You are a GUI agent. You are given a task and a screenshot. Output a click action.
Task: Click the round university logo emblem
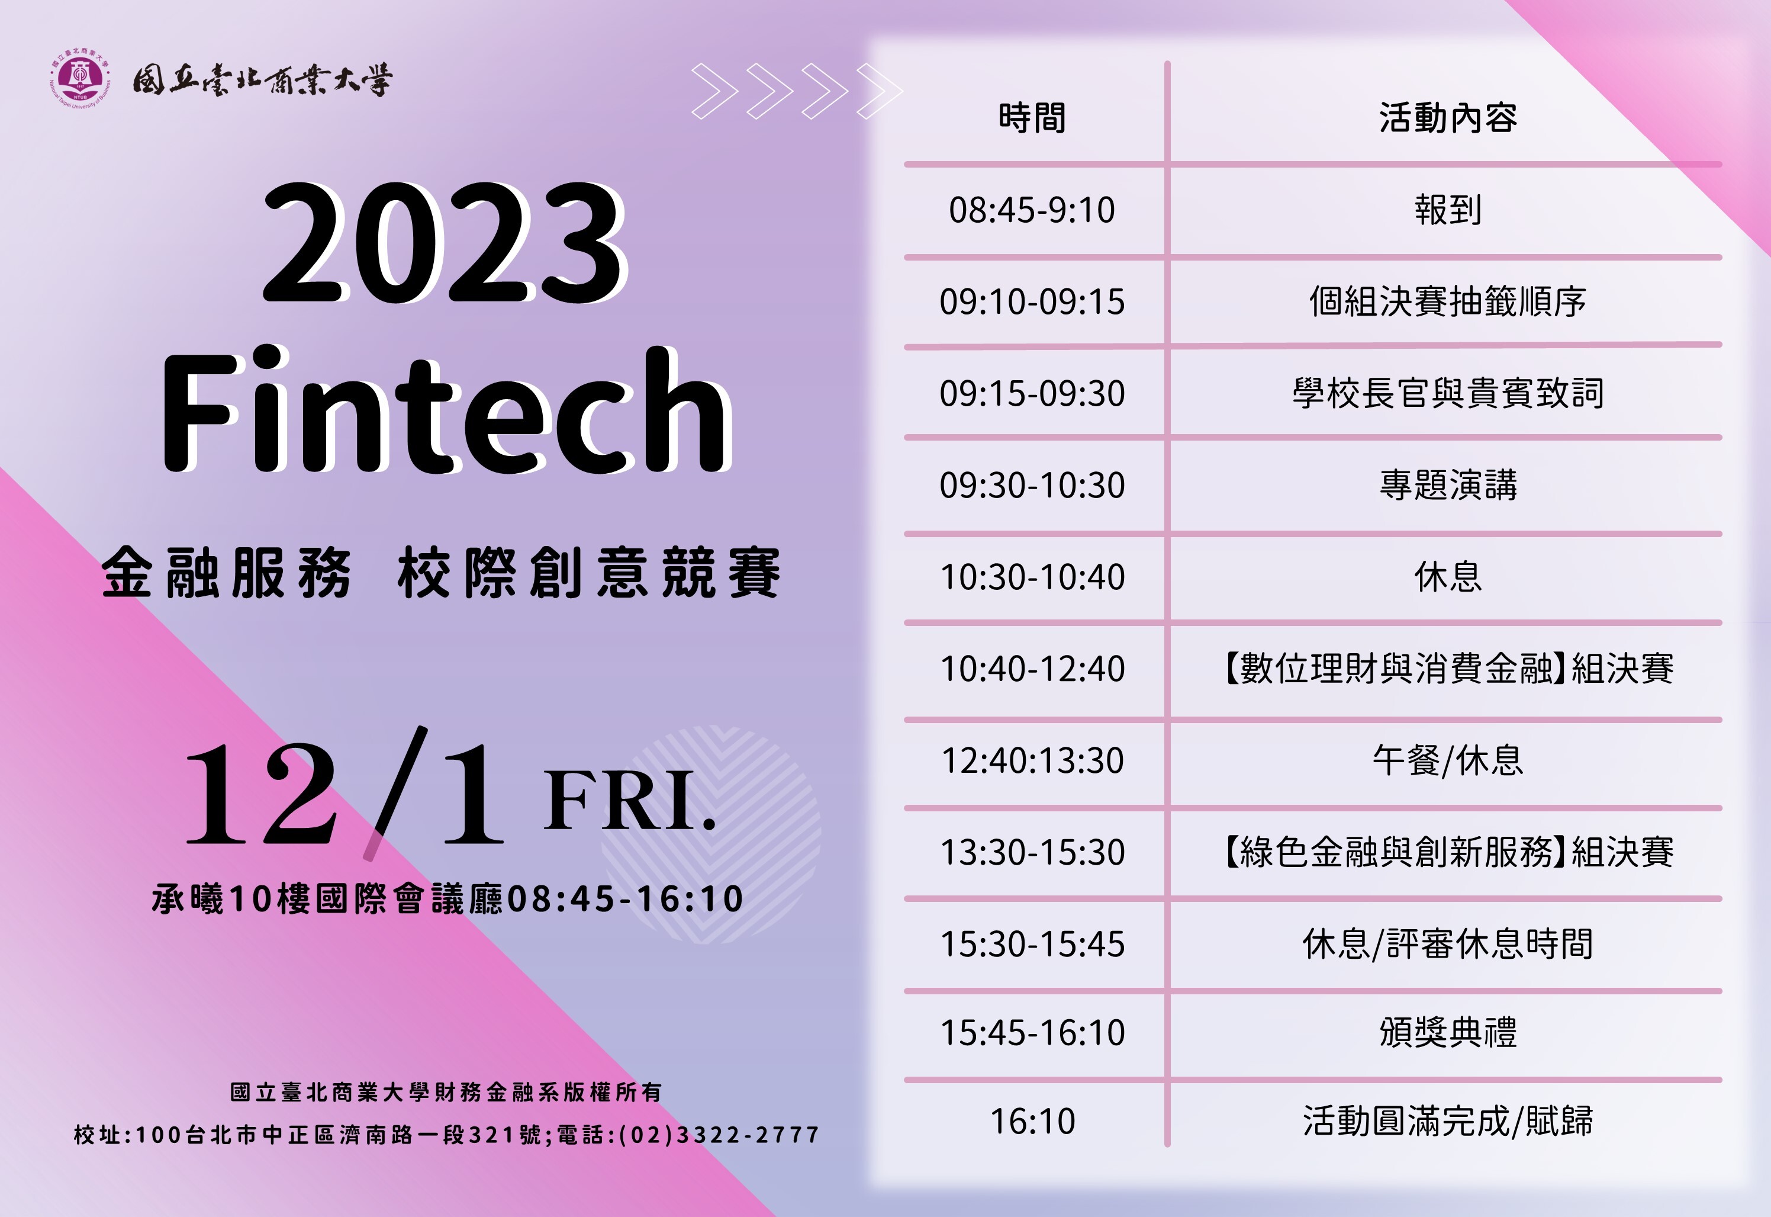point(80,79)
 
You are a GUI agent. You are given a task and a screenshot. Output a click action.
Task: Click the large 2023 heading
point(445,242)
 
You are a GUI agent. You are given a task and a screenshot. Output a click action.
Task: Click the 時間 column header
point(1032,118)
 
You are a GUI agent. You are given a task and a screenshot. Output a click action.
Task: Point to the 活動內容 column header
point(1447,118)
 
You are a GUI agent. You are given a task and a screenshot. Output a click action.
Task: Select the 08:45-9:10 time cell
point(1032,210)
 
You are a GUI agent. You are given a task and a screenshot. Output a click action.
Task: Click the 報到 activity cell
point(1448,210)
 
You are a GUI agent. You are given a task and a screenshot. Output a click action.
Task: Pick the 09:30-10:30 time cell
point(1032,485)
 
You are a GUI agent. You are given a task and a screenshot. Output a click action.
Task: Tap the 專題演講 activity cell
point(1448,485)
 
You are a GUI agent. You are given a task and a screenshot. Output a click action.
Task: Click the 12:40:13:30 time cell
point(1032,760)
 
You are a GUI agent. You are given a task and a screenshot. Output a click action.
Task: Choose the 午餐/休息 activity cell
point(1448,760)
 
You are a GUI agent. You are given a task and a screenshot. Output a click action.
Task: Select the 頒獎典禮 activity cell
point(1448,1032)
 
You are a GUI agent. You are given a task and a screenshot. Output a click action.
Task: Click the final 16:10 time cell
point(1032,1121)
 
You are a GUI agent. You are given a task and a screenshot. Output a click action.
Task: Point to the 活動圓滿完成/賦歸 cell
point(1448,1121)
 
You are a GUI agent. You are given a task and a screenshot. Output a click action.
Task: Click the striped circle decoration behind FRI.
point(711,835)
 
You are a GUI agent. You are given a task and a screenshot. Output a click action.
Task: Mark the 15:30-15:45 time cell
point(1032,944)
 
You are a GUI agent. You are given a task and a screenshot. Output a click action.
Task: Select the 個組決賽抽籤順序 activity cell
point(1448,302)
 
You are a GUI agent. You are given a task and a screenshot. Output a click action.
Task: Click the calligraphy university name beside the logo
point(263,80)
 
